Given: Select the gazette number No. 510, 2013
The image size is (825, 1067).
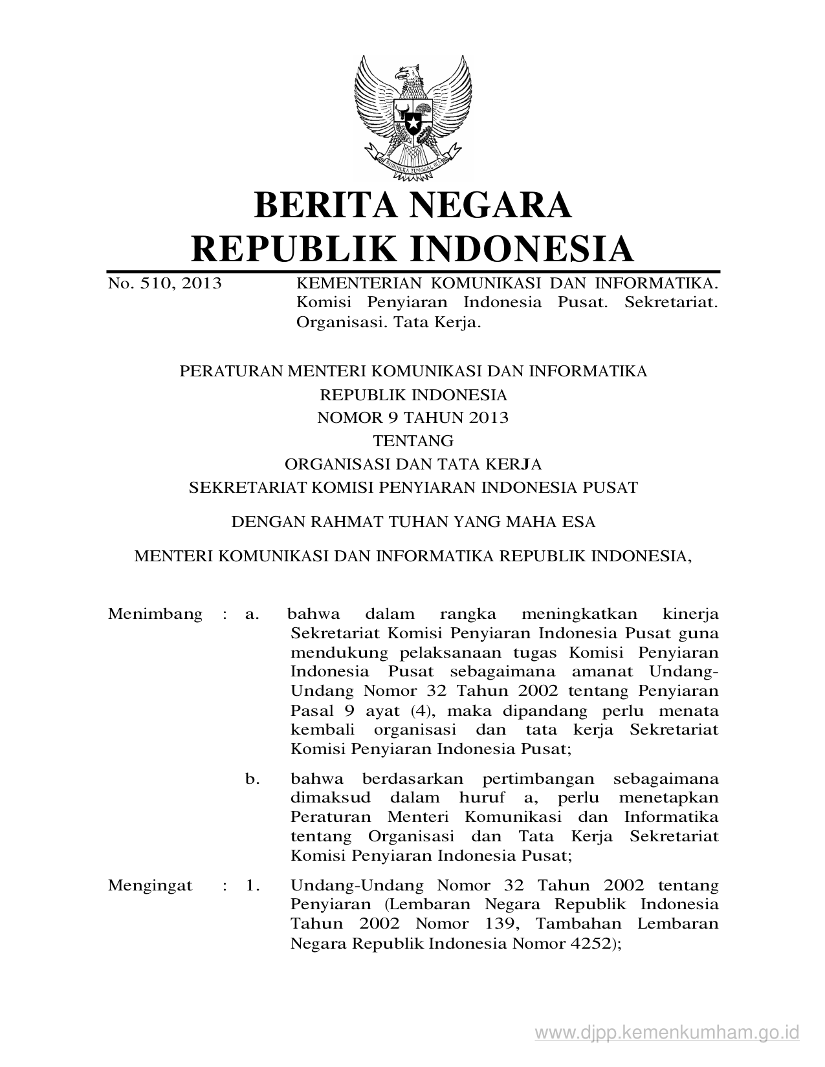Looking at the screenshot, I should pos(164,283).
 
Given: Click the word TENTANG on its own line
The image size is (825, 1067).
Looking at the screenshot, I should pos(413,441).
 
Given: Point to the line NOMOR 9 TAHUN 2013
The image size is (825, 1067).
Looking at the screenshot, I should pos(413,418).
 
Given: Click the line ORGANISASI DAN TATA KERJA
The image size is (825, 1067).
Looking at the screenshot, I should pos(413,464).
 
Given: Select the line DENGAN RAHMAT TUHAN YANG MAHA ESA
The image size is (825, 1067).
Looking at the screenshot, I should pos(413,521).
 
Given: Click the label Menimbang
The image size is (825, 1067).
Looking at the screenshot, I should pos(155,614).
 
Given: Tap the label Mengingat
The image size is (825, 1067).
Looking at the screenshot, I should pos(150,885).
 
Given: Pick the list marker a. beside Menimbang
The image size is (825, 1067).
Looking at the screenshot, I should pos(252,614).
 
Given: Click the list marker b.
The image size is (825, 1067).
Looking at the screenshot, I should pos(252,779).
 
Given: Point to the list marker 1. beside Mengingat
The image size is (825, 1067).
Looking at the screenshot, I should pos(252,885).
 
